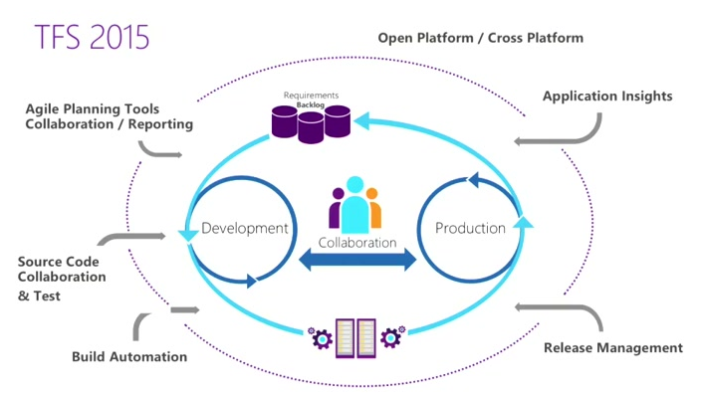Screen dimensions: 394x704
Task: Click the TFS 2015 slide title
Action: [92, 37]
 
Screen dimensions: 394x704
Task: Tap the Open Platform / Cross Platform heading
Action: [480, 38]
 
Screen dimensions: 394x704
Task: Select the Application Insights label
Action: [606, 97]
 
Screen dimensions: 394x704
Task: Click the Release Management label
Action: [613, 347]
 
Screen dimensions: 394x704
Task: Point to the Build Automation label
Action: [129, 356]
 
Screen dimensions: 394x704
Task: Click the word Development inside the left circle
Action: [245, 228]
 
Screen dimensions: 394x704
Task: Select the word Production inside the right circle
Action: [470, 228]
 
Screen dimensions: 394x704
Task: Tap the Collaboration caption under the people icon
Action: [356, 242]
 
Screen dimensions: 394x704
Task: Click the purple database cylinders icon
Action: [311, 123]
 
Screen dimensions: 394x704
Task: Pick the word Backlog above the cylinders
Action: [312, 102]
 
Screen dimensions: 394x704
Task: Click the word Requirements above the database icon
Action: [312, 95]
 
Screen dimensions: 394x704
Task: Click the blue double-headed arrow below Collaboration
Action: [357, 262]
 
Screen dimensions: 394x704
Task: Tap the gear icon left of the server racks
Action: [322, 338]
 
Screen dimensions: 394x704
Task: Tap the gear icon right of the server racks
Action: [390, 338]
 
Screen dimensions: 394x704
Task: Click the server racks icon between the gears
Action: [355, 336]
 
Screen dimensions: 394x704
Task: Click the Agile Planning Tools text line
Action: [93, 108]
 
